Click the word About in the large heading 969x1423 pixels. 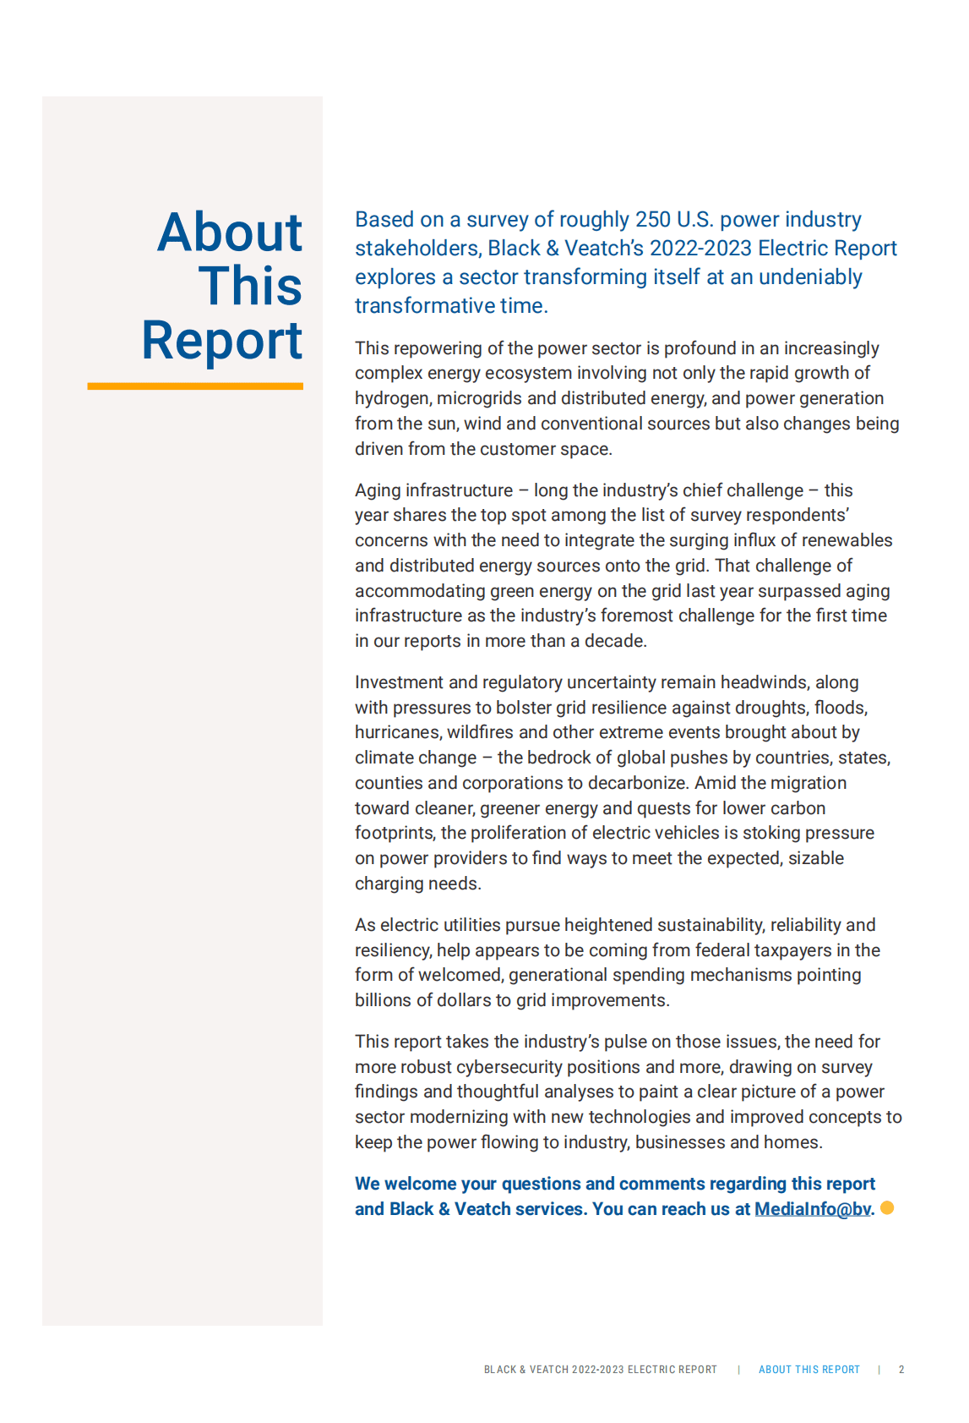click(x=230, y=233)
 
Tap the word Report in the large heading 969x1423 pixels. click(x=222, y=341)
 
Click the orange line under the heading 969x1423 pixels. click(x=195, y=386)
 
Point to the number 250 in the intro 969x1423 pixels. click(x=652, y=220)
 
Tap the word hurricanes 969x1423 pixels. click(x=397, y=733)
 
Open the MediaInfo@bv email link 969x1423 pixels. click(x=812, y=1209)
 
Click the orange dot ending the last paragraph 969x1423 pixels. click(x=887, y=1207)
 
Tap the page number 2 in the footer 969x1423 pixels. click(x=901, y=1370)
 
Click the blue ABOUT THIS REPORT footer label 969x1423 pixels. click(x=808, y=1370)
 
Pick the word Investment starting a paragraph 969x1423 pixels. click(x=397, y=682)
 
